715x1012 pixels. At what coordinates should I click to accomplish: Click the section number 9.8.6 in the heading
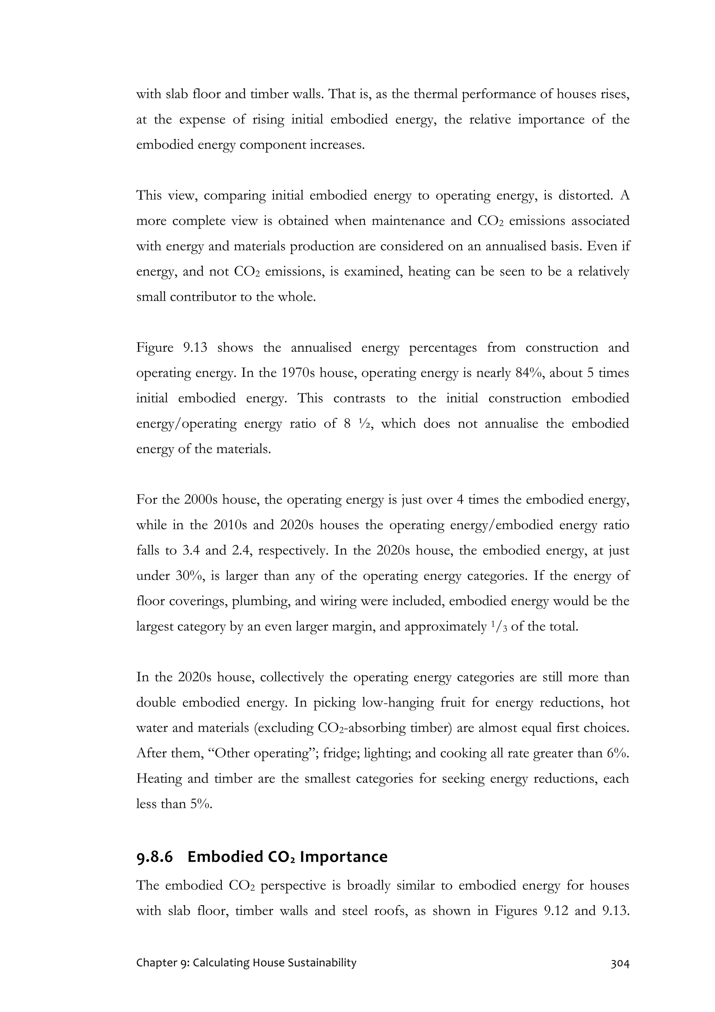[x=155, y=857]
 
